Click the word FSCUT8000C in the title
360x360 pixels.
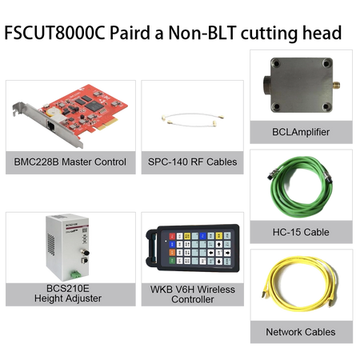click(54, 33)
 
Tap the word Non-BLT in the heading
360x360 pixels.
click(202, 33)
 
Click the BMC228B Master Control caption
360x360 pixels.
click(70, 162)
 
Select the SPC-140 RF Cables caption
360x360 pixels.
click(193, 162)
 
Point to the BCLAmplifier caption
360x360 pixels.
click(301, 132)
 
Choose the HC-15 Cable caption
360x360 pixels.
click(301, 232)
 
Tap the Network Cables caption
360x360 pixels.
click(301, 332)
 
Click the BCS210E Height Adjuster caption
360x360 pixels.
click(68, 294)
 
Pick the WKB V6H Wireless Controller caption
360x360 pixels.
click(193, 294)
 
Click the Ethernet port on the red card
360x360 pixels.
click(51, 126)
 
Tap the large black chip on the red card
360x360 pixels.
click(94, 106)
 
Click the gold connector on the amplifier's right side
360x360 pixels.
click(336, 86)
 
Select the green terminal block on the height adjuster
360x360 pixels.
click(75, 274)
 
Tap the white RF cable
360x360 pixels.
click(193, 118)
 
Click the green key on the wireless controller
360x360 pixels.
click(172, 260)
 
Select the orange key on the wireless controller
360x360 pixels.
click(172, 252)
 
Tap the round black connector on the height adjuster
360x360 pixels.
click(86, 252)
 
